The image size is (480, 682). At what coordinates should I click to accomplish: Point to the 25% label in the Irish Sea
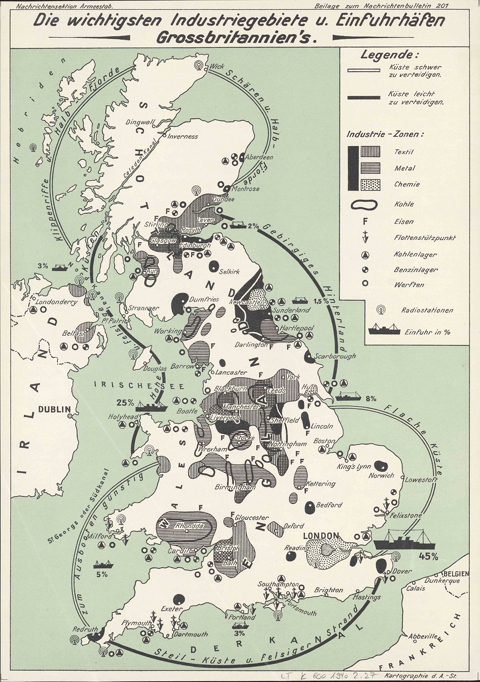(125, 402)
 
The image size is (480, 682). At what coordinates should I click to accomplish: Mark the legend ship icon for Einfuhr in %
(385, 329)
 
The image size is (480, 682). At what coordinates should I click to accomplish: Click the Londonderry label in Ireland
(56, 302)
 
